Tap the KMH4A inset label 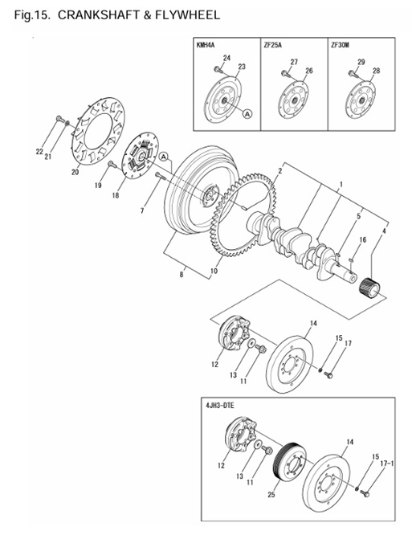(x=207, y=46)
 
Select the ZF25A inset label (x=275, y=46)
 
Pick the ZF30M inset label (x=341, y=46)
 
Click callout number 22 (x=39, y=151)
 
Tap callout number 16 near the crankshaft (x=362, y=239)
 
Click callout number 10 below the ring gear (x=214, y=272)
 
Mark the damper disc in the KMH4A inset (x=225, y=101)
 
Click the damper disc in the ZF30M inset (x=358, y=101)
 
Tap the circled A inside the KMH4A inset (x=247, y=115)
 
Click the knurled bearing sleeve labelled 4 (x=373, y=285)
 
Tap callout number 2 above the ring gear (x=279, y=170)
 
